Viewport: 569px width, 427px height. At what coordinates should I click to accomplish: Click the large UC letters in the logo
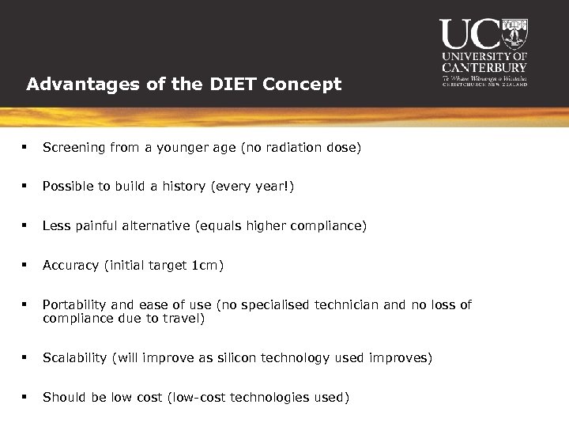click(x=470, y=35)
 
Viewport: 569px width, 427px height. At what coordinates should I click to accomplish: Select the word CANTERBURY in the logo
click(x=484, y=68)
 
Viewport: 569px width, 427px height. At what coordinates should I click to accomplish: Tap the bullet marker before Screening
click(x=26, y=147)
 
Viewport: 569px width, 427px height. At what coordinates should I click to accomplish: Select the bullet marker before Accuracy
click(x=26, y=266)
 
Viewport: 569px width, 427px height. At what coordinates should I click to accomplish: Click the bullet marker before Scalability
click(x=26, y=358)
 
